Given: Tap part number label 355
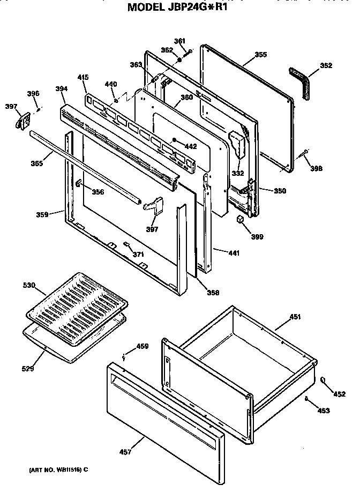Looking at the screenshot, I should click(x=260, y=55).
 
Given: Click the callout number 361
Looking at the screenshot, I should click(x=179, y=41).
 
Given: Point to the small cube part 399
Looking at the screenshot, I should click(x=241, y=219).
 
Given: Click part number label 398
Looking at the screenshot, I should click(x=317, y=169).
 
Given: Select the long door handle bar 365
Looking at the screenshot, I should click(x=86, y=167).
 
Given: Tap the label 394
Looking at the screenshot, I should click(x=61, y=88).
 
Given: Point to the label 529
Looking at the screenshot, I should click(x=28, y=369).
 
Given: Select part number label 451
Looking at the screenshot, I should click(x=295, y=317).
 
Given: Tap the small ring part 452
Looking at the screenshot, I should click(x=324, y=380).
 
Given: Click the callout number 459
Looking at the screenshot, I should click(x=142, y=346).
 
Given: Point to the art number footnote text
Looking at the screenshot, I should click(x=55, y=469).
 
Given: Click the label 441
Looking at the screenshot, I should click(x=233, y=252).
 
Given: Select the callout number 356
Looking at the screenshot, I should click(x=97, y=192).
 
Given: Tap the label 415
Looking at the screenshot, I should click(x=83, y=78).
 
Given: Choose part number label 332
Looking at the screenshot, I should click(x=237, y=173).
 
